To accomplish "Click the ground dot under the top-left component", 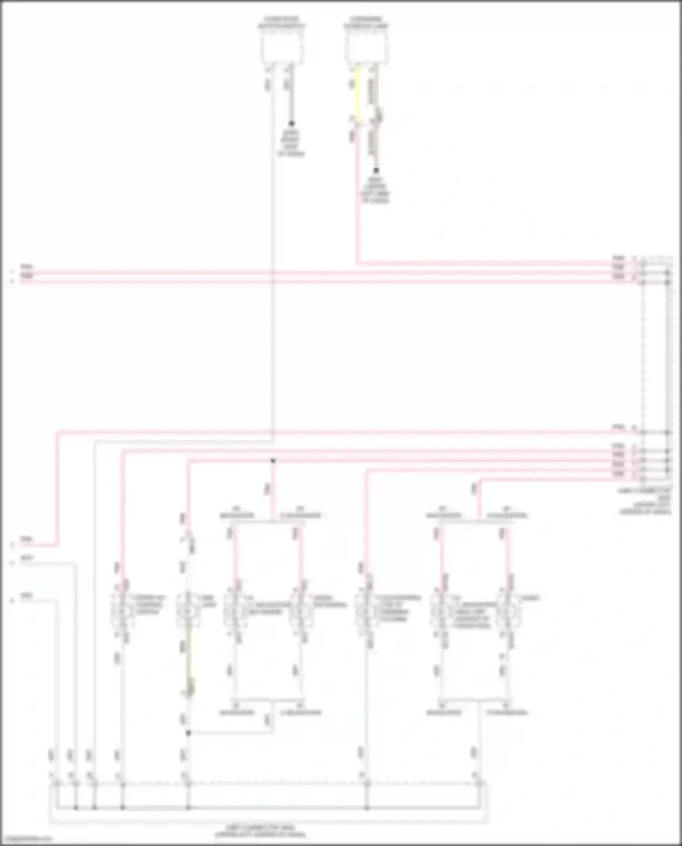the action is [291, 124].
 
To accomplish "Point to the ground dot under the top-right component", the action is [376, 171].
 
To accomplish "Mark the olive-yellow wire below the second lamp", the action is [189, 664].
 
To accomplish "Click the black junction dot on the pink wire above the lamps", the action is [273, 461].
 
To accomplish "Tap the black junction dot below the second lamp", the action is [188, 732].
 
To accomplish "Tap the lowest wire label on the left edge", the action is [26, 596].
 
